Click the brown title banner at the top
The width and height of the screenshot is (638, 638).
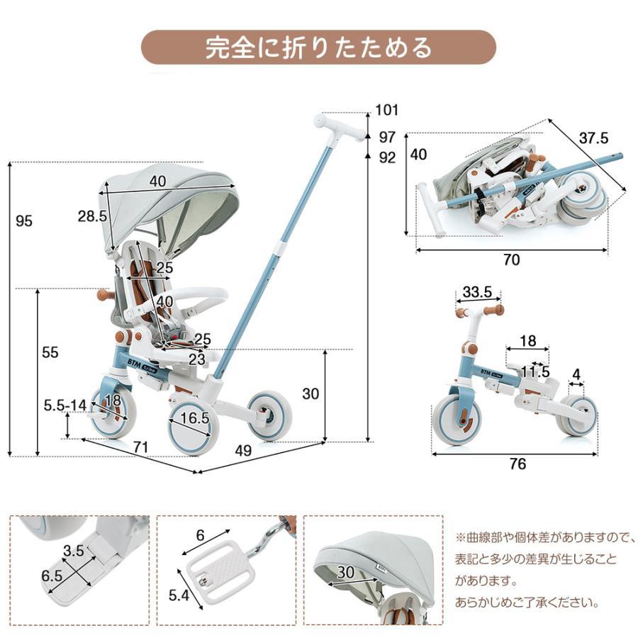pos(318,47)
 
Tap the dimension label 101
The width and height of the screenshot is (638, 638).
pos(387,110)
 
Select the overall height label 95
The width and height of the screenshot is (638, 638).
pos(25,221)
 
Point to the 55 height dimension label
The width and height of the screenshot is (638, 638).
pos(50,352)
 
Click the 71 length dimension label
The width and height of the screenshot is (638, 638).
pos(140,447)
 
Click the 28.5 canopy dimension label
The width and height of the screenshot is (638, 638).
pos(92,216)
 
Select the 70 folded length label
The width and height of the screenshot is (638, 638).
pos(510,260)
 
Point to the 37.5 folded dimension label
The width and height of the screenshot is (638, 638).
pos(593,138)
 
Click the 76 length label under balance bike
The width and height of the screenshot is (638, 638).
pos(517,464)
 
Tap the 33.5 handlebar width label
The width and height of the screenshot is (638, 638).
pos(477,292)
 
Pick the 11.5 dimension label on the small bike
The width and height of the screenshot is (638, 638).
pos(535,371)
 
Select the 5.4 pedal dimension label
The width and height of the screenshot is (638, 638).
pos(178,596)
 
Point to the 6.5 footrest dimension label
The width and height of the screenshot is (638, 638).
pos(52,576)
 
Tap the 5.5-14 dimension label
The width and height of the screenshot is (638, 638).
pos(65,405)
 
